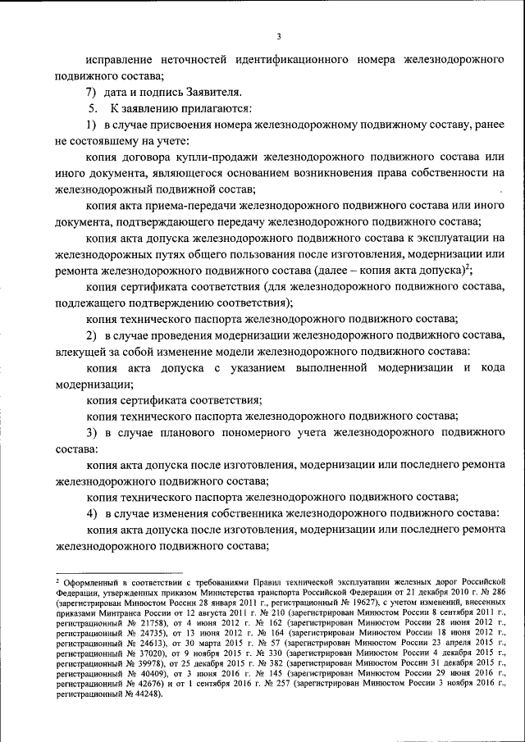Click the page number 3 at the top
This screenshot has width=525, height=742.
278,36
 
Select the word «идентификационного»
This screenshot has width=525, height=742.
284,61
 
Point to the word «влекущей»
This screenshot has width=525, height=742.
79,351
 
